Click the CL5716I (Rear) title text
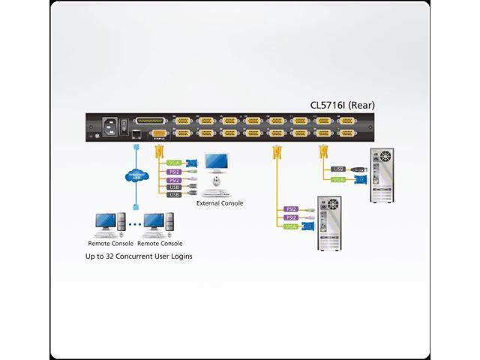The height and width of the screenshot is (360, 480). click(342, 105)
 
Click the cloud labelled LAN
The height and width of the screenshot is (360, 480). click(136, 178)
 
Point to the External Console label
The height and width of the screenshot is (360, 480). click(220, 202)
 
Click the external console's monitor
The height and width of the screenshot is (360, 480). click(218, 164)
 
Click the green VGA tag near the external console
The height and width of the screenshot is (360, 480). click(174, 162)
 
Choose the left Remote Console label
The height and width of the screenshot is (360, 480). click(109, 243)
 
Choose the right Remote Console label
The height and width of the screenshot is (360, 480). click(160, 243)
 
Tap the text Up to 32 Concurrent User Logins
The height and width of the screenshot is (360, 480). click(139, 256)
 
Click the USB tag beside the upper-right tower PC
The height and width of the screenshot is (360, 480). click(337, 169)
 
